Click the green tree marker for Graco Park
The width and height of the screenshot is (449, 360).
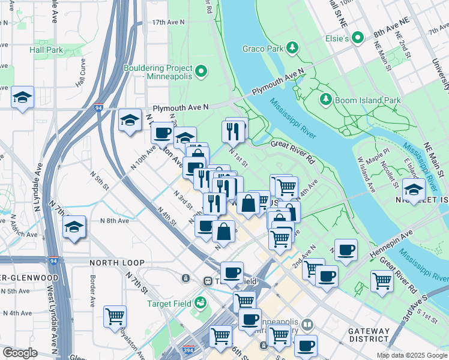click(292, 47)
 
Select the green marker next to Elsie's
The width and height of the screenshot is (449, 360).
click(358, 38)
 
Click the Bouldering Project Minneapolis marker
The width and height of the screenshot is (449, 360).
click(201, 73)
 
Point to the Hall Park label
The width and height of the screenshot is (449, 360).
click(50, 51)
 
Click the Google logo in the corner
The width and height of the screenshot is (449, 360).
click(20, 353)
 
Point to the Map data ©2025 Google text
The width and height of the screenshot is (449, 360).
click(411, 355)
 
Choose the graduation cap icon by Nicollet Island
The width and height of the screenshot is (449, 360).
click(414, 190)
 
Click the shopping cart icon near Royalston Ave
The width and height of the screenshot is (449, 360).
click(115, 316)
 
